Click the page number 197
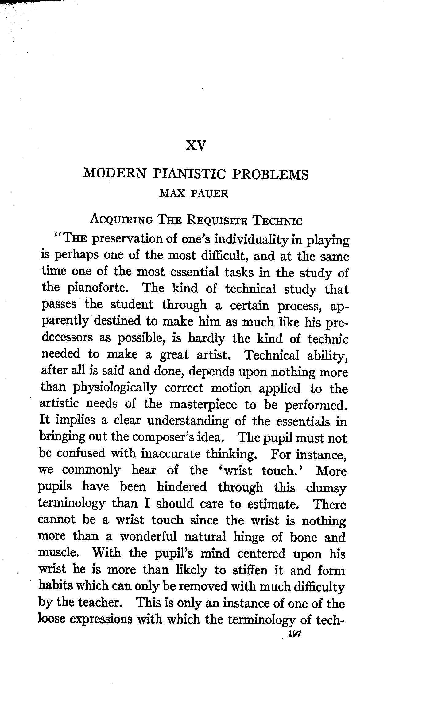[294, 634]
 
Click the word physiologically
[114, 388]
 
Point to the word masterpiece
[203, 405]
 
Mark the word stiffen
[249, 570]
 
